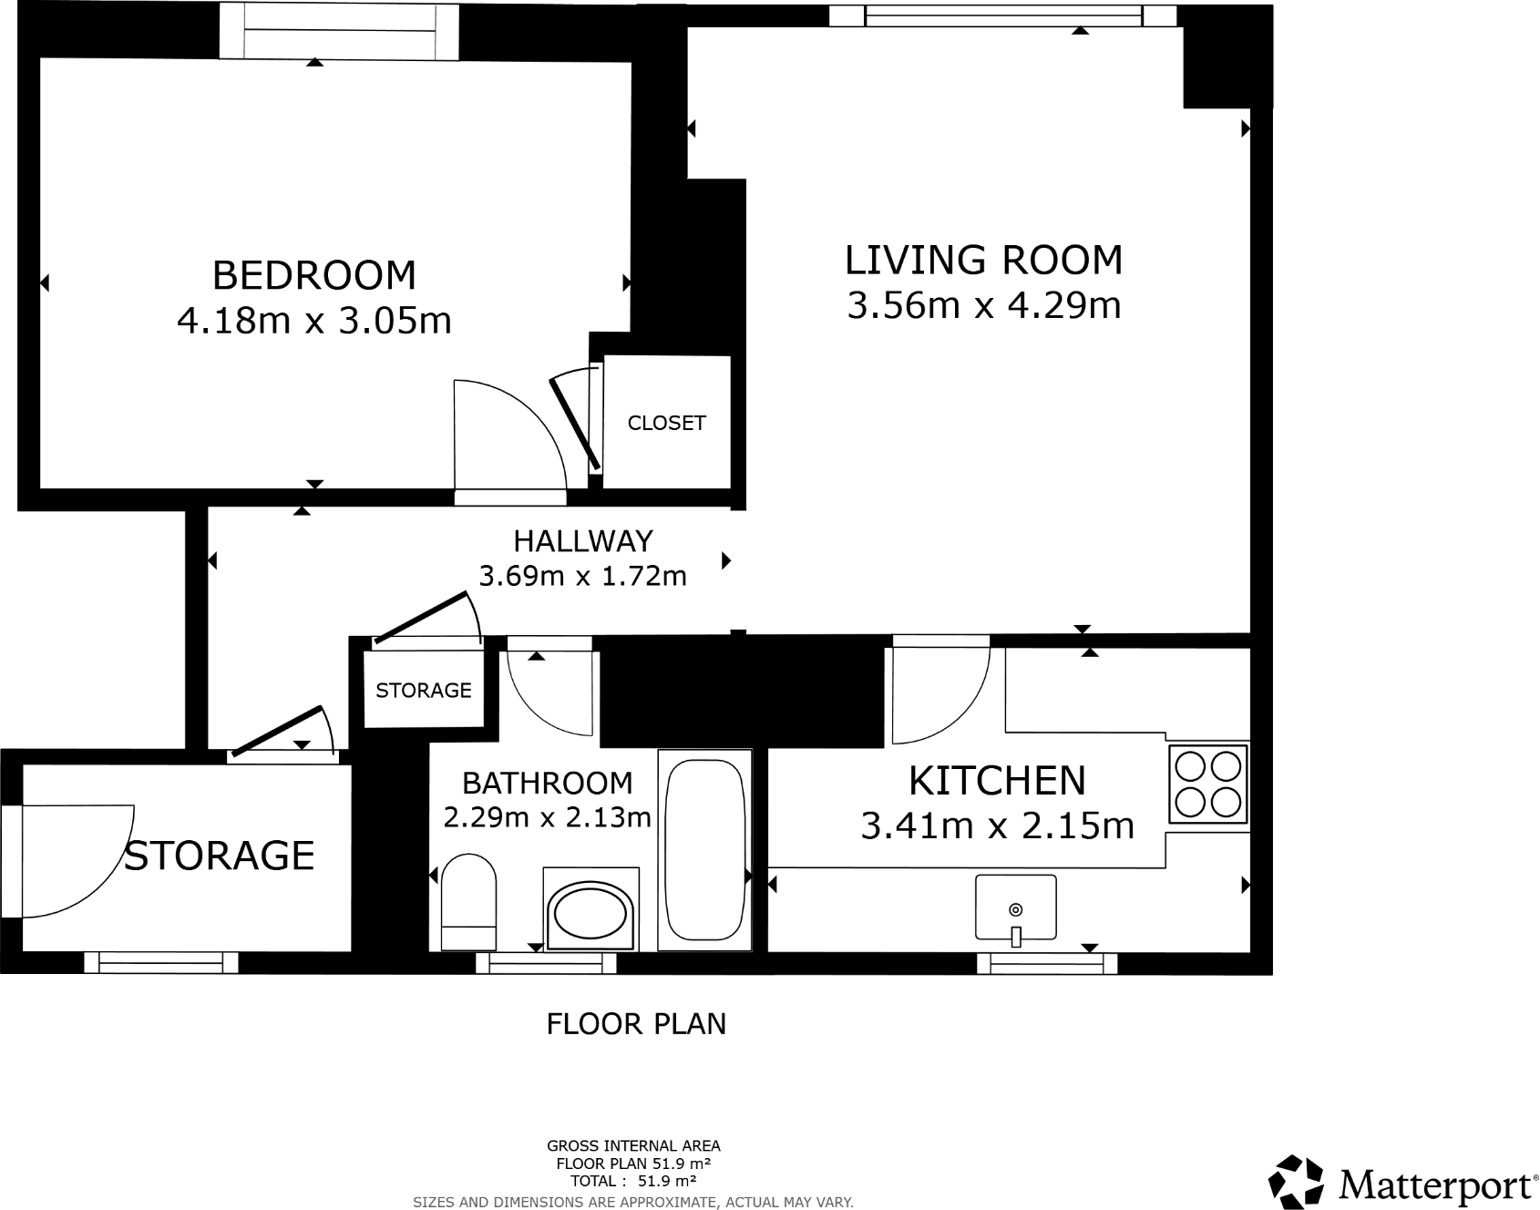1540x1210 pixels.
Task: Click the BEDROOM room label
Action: [x=313, y=275]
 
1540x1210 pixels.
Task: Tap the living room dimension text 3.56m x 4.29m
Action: [x=983, y=305]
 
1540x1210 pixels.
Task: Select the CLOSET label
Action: [x=666, y=423]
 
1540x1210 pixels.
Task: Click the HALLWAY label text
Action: [x=583, y=541]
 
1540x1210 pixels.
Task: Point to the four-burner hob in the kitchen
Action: [x=1208, y=784]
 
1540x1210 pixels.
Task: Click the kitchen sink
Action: [x=1015, y=907]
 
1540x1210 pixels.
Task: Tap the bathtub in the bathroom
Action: [x=704, y=850]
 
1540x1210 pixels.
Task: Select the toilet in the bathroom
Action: [x=468, y=902]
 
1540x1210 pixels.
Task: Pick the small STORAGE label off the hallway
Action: [x=424, y=691]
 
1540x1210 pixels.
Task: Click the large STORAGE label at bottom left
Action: [x=220, y=856]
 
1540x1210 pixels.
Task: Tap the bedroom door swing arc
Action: [x=519, y=428]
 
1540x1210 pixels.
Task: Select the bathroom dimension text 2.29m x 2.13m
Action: [x=547, y=817]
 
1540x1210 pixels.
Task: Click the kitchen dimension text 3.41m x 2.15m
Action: [x=997, y=826]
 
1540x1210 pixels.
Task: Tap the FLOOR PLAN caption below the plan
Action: [x=636, y=1024]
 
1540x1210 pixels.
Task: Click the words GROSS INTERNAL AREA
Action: [x=633, y=1146]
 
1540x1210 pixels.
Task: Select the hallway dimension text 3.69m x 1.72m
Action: [x=583, y=577]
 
